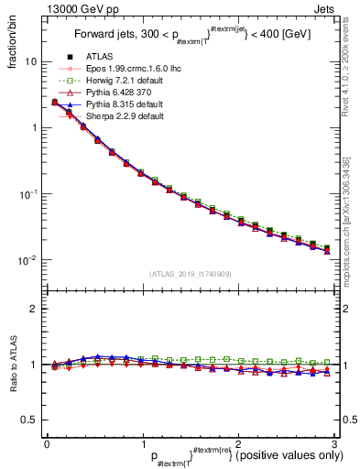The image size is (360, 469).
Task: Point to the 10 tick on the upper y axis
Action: tap(30, 61)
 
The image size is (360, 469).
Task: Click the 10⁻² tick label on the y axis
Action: tap(27, 260)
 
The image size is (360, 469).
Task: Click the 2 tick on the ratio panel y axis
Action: tap(33, 309)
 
